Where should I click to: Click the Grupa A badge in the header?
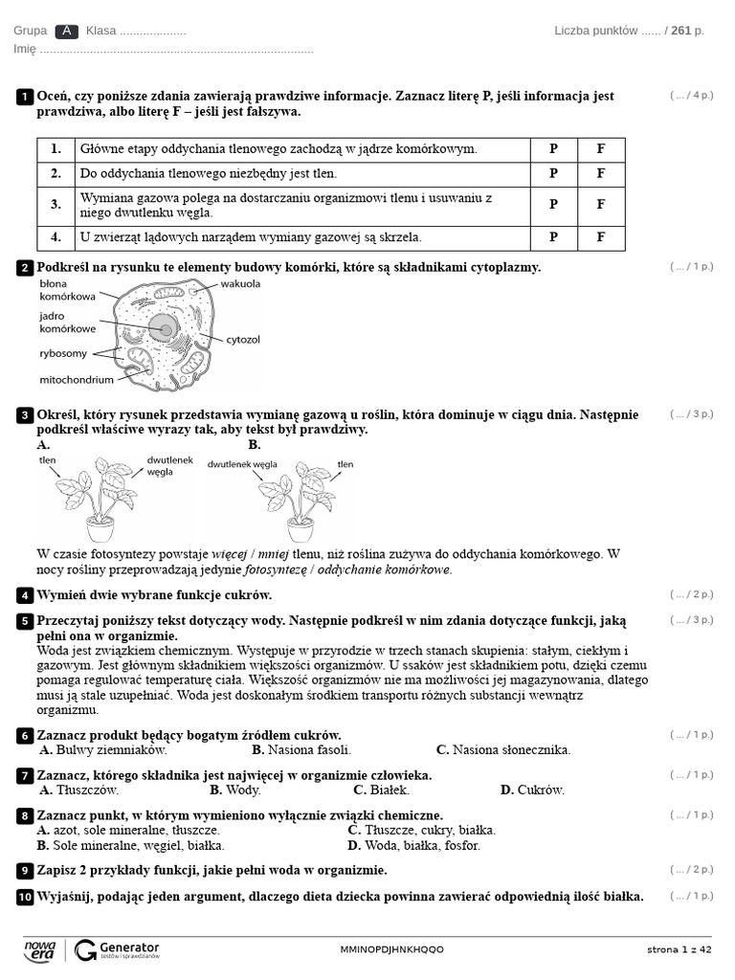pos(66,31)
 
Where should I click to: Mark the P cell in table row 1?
pos(553,148)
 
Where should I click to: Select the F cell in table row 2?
pos(601,174)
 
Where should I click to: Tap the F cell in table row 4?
pos(601,237)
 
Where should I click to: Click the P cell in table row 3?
pos(553,205)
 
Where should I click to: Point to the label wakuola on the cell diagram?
pos(240,283)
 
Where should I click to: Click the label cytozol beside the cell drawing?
pos(243,340)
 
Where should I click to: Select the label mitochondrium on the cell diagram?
pos(77,380)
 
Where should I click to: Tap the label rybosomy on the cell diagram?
pos(63,354)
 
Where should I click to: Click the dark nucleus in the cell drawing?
pos(165,329)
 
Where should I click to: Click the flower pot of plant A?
pos(100,530)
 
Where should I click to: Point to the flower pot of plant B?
pos(301,530)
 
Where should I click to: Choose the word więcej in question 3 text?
pos(230,554)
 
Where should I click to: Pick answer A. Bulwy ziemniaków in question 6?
pos(103,750)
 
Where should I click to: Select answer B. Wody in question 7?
pos(235,790)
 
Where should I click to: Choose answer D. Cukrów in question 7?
pos(532,790)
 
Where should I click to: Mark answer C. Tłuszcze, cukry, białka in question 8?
pos(422,831)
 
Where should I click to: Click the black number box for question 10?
pos(24,898)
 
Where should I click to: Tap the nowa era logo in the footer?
pos(40,950)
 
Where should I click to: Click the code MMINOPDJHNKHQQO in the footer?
pos(391,949)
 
